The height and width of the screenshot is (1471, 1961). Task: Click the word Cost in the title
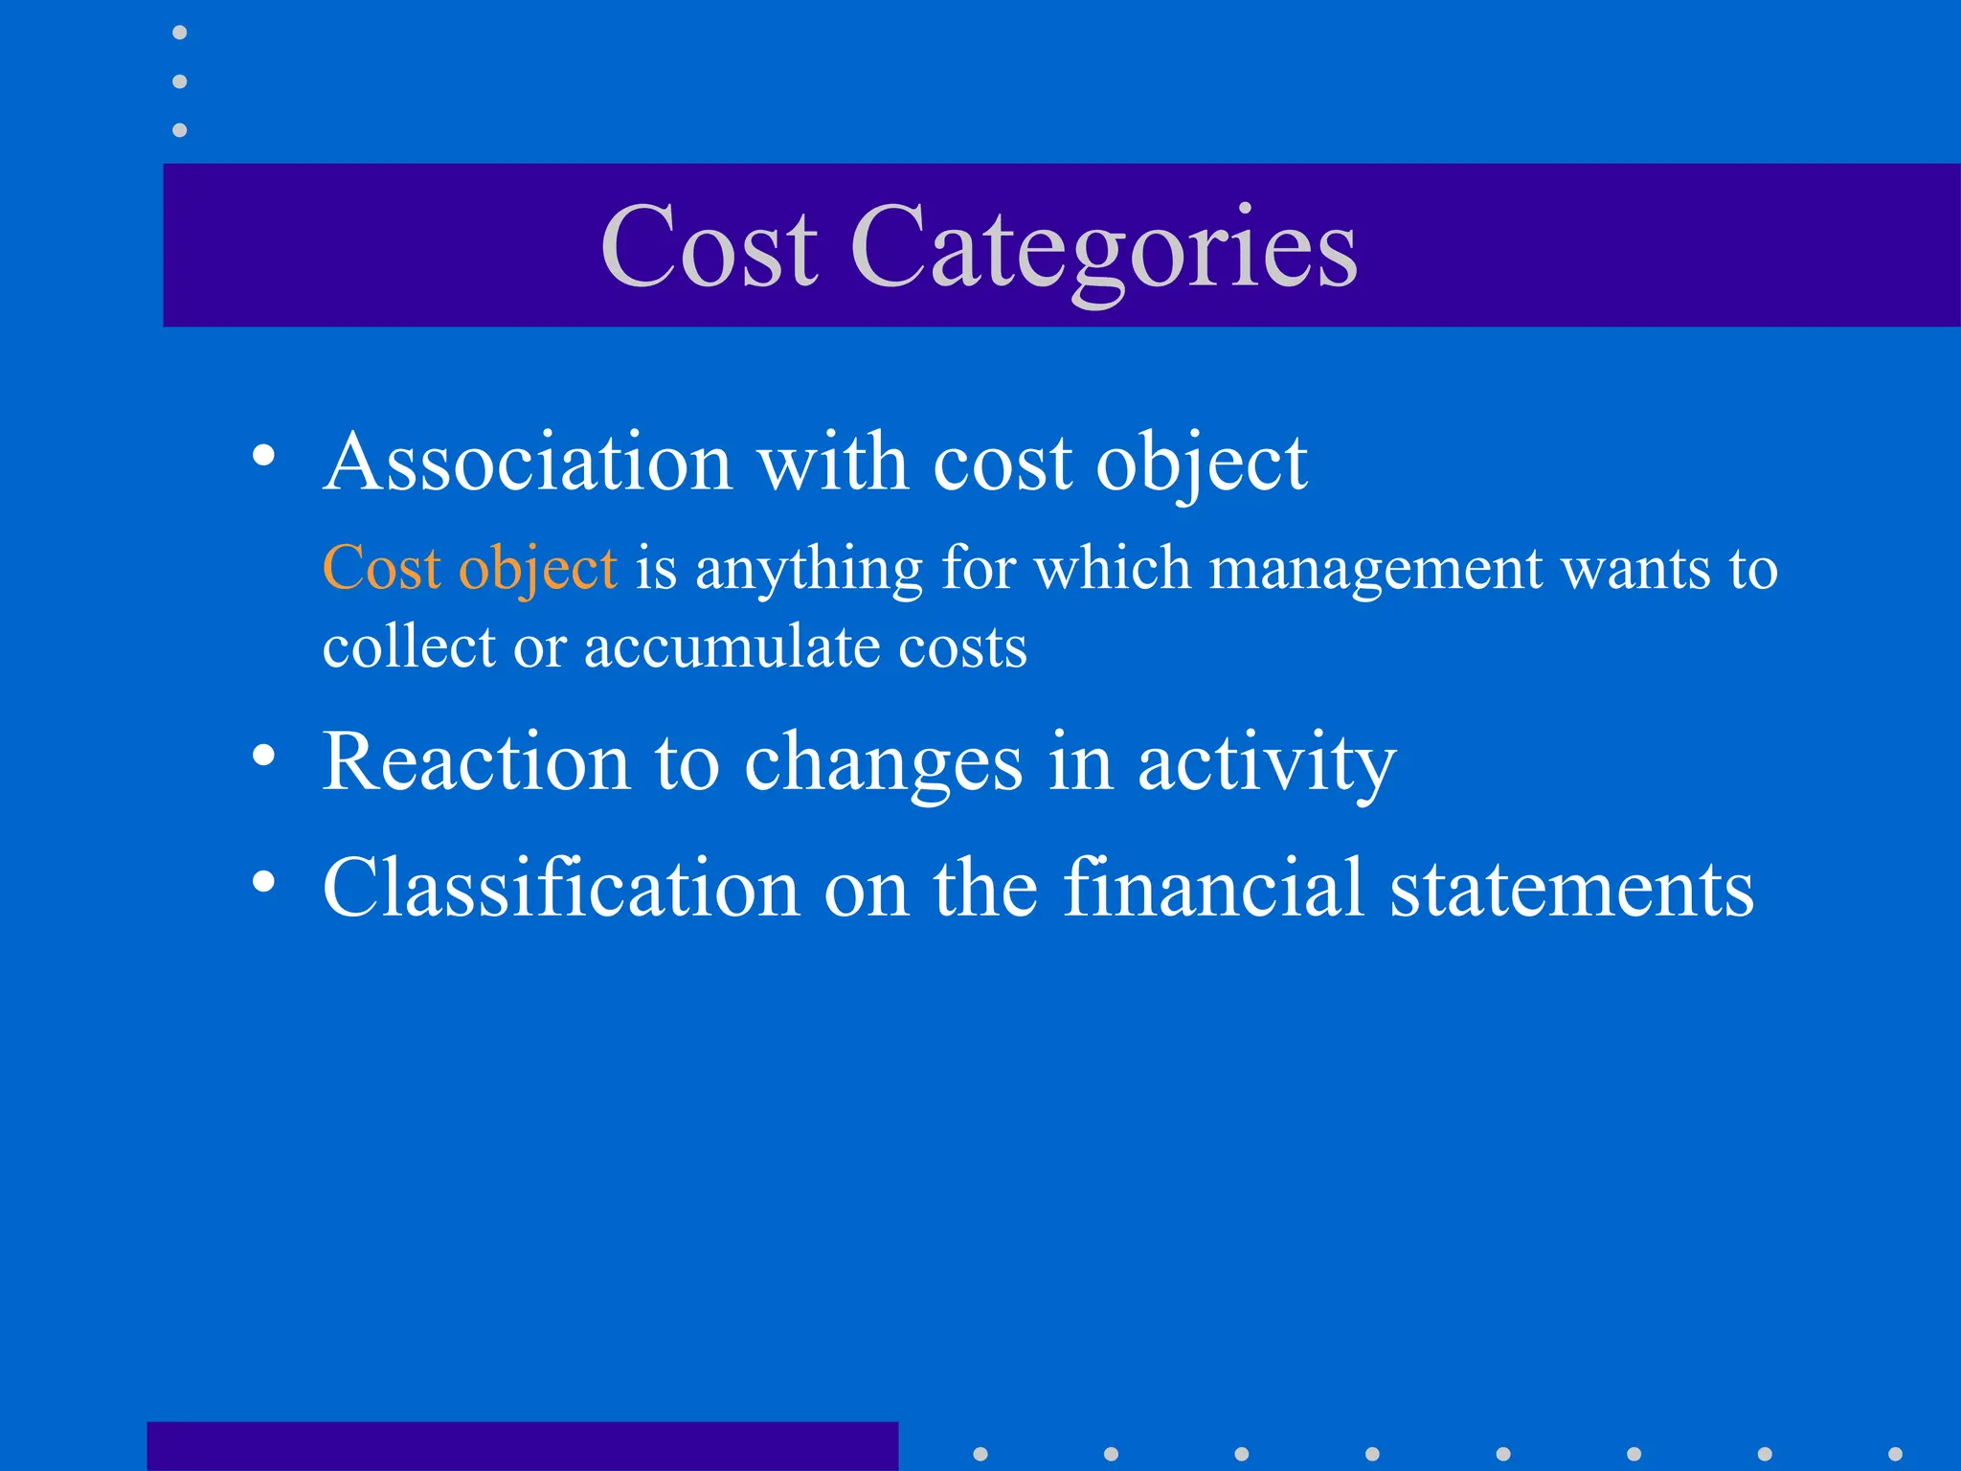pyautogui.click(x=709, y=247)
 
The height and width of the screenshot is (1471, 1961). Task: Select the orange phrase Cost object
pyautogui.click(x=469, y=569)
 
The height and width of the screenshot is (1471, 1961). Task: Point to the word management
pyautogui.click(x=1376, y=571)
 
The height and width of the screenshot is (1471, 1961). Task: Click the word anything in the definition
pyautogui.click(x=809, y=571)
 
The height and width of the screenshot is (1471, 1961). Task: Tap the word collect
pyautogui.click(x=408, y=647)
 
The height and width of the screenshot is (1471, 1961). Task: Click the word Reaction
pyautogui.click(x=476, y=763)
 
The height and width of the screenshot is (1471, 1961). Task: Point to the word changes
pyautogui.click(x=883, y=765)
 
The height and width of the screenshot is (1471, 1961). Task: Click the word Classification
pyautogui.click(x=561, y=889)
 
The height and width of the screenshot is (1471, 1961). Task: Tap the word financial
pyautogui.click(x=1213, y=889)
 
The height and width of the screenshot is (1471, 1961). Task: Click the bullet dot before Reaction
pyautogui.click(x=263, y=757)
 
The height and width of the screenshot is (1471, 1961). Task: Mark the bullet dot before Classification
pyautogui.click(x=263, y=881)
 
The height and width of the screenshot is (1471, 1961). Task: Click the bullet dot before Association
pyautogui.click(x=263, y=456)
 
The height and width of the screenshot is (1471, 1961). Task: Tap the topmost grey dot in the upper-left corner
pyautogui.click(x=180, y=33)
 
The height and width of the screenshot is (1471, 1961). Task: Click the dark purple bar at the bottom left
pyautogui.click(x=523, y=1446)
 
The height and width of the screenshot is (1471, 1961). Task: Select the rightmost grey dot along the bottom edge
pyautogui.click(x=1895, y=1454)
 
